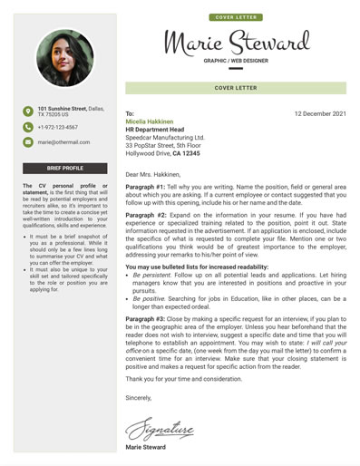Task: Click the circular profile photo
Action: click(x=65, y=57)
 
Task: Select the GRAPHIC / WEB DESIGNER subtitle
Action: click(x=236, y=61)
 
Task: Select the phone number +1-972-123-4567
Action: click(x=57, y=128)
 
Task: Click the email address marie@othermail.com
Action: click(x=64, y=142)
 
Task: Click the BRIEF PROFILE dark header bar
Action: click(x=65, y=169)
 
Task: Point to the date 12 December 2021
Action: click(x=320, y=114)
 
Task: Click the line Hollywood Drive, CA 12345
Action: click(x=163, y=154)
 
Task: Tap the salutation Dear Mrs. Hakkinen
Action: click(x=153, y=173)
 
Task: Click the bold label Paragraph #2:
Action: click(x=145, y=217)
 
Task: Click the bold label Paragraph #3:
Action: click(x=145, y=320)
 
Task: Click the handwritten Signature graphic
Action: click(x=160, y=426)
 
